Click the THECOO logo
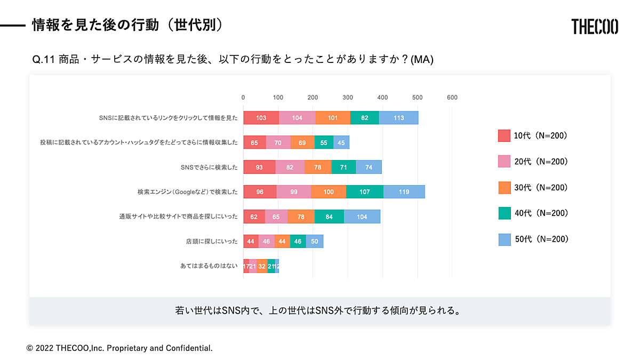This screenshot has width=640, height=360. pyautogui.click(x=595, y=26)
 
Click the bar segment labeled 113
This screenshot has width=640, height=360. pyautogui.click(x=398, y=118)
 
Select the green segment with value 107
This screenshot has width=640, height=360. pyautogui.click(x=364, y=191)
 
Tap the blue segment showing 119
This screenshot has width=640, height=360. pyautogui.click(x=404, y=191)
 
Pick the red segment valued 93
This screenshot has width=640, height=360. pyautogui.click(x=259, y=167)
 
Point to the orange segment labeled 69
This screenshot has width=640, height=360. pyautogui.click(x=302, y=142)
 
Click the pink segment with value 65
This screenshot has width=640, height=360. pyautogui.click(x=276, y=217)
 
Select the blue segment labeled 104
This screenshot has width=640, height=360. pyautogui.click(x=362, y=217)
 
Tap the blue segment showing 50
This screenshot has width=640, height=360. pyautogui.click(x=315, y=241)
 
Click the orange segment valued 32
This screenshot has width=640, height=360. pyautogui.click(x=262, y=266)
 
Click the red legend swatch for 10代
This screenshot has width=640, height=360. pyautogui.click(x=505, y=136)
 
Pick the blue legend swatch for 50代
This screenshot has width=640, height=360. pyautogui.click(x=505, y=239)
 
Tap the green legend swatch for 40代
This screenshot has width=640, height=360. pyautogui.click(x=505, y=213)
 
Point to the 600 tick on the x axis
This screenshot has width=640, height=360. pyautogui.click(x=452, y=98)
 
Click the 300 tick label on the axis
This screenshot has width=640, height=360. pyautogui.click(x=348, y=98)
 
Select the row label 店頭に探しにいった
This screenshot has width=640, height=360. pyautogui.click(x=208, y=242)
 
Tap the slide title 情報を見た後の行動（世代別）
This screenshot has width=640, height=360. pyautogui.click(x=127, y=25)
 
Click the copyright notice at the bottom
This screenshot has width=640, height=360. pyautogui.click(x=119, y=348)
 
